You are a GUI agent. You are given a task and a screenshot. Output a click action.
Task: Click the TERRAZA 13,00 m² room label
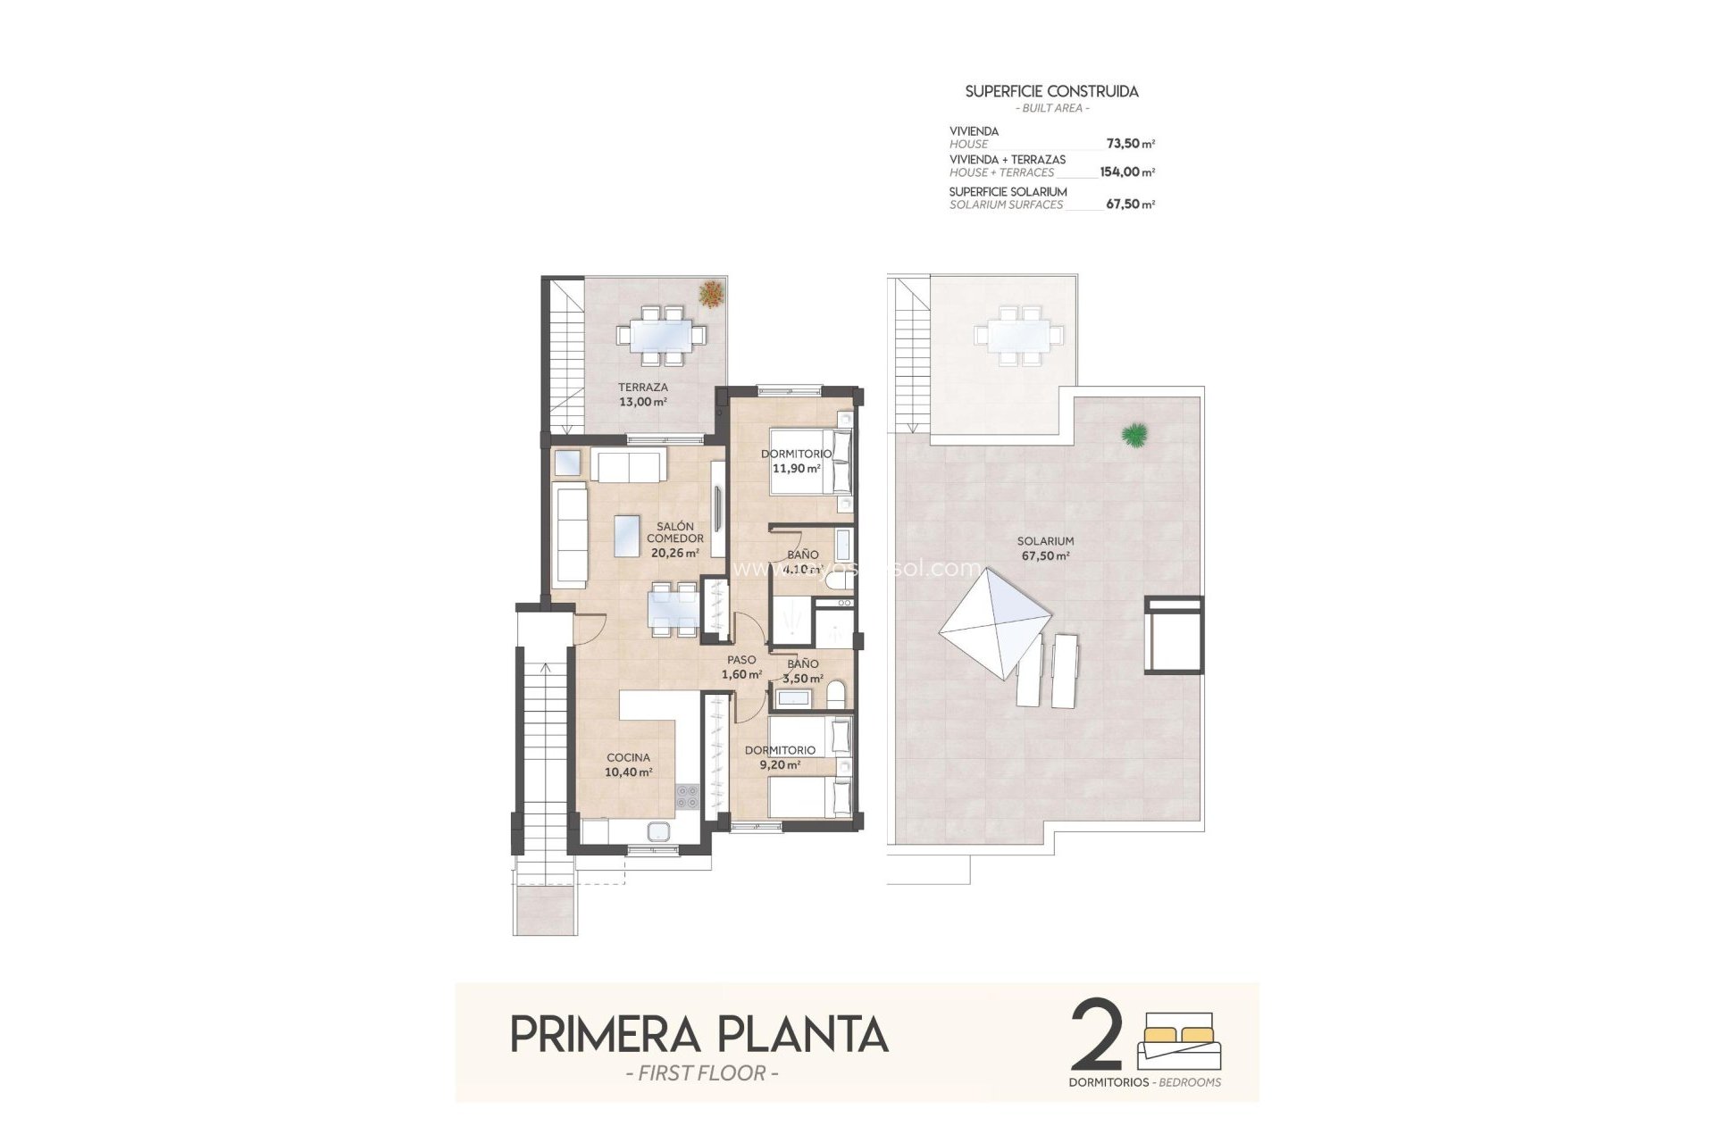[643, 395]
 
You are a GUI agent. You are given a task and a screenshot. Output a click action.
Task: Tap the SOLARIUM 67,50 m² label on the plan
[1045, 548]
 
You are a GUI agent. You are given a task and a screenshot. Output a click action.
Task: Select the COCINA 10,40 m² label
[628, 765]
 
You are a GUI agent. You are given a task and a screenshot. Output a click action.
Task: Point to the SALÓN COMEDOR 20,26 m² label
[675, 539]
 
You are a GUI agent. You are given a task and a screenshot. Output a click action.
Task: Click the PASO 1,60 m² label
[741, 667]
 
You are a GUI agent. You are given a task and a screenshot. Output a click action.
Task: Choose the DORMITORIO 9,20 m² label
[780, 757]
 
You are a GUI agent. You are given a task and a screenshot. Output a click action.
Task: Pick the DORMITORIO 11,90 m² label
[796, 461]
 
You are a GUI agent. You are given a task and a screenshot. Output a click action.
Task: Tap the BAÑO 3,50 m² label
[802, 671]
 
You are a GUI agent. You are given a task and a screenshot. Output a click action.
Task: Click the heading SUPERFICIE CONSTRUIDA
[1051, 91]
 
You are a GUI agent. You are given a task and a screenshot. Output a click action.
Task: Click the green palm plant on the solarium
[1135, 435]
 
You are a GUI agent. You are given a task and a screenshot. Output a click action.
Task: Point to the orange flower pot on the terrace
[712, 293]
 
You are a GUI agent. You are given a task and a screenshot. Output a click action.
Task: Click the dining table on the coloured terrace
[661, 336]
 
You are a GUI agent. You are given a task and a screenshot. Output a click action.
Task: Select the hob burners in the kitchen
[687, 796]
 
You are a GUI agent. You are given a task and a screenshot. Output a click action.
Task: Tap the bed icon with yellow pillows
[1178, 1040]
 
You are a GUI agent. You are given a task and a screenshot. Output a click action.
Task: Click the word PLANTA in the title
[803, 1035]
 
